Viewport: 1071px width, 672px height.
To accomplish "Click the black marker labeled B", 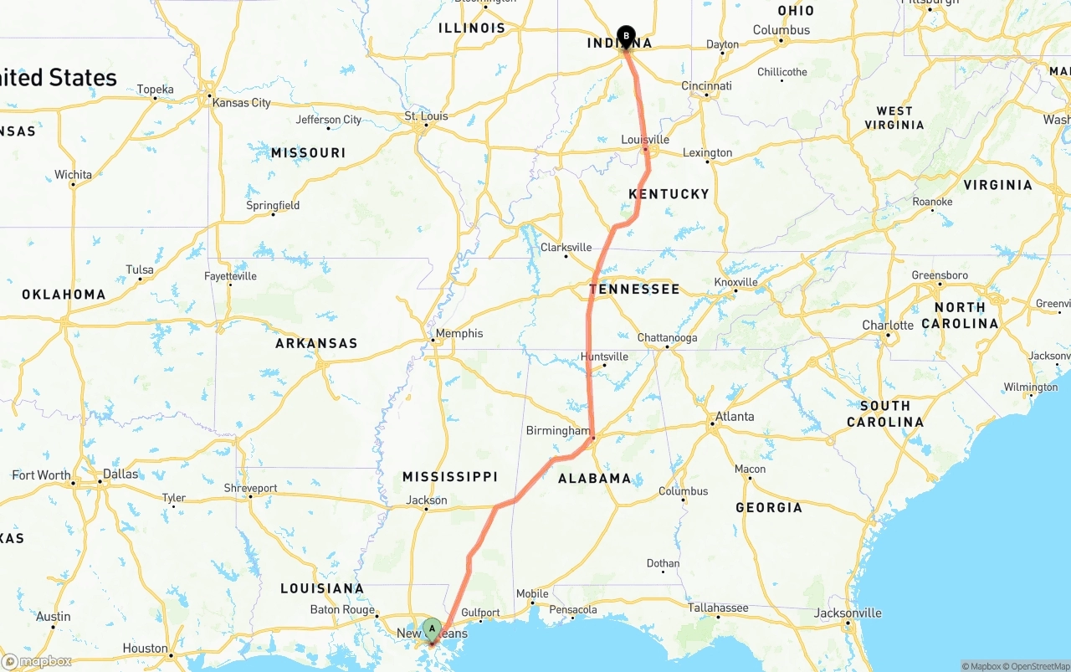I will pyautogui.click(x=626, y=36).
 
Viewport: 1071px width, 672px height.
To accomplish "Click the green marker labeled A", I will pyautogui.click(x=432, y=628).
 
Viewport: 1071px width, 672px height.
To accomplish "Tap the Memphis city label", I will pyautogui.click(x=459, y=333).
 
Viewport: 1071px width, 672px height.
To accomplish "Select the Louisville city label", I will pyautogui.click(x=645, y=140).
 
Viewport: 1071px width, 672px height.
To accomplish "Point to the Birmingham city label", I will pyautogui.click(x=558, y=431).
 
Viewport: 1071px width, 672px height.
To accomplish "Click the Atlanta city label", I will pyautogui.click(x=734, y=417).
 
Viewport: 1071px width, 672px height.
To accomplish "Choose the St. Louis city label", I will pyautogui.click(x=426, y=116).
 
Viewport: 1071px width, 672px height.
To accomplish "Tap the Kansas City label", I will pyautogui.click(x=242, y=103).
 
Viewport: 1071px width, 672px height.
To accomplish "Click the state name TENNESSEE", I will pyautogui.click(x=634, y=290).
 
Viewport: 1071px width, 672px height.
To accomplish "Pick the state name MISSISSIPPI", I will pyautogui.click(x=450, y=477).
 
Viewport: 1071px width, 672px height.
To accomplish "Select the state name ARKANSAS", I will pyautogui.click(x=316, y=343).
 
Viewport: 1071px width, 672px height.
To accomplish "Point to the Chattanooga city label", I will pyautogui.click(x=667, y=338).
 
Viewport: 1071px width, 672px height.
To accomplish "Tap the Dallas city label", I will pyautogui.click(x=120, y=474).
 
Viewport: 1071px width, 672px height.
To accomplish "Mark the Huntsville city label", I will pyautogui.click(x=604, y=357).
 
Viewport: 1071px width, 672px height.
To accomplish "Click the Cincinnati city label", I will pyautogui.click(x=706, y=86).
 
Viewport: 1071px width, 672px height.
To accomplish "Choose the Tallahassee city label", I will pyautogui.click(x=718, y=608).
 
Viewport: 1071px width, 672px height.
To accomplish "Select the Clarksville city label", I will pyautogui.click(x=566, y=248).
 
